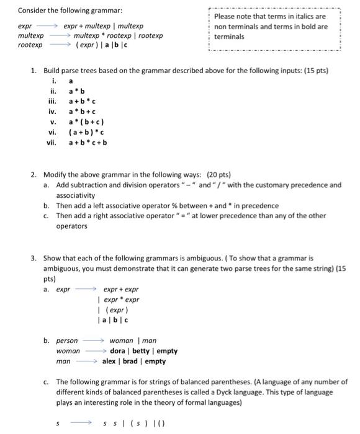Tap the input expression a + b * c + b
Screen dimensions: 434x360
(88, 142)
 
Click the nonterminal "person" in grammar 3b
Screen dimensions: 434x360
(67, 340)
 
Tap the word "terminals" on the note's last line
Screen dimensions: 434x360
(228, 37)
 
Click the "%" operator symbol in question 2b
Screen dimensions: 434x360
(158, 205)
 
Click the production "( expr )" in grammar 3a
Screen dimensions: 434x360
(115, 310)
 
